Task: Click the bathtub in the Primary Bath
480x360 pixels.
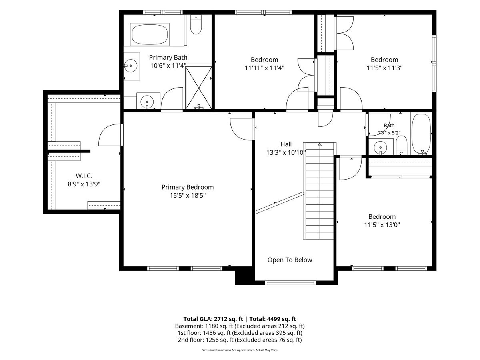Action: point(150,34)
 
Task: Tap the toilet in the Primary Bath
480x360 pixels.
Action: point(196,24)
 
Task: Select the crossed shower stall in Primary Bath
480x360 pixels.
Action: point(198,88)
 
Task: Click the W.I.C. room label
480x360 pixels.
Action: point(84,176)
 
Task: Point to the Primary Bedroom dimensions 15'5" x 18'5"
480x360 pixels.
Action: point(188,196)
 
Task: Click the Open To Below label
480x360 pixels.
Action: point(290,260)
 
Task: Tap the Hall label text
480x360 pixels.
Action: point(286,144)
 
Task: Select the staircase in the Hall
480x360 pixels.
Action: point(319,191)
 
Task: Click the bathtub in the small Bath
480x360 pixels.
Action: point(421,134)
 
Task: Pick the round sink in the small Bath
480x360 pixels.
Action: point(380,146)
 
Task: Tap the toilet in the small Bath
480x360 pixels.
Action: point(402,145)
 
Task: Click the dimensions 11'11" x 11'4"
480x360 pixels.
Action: point(264,68)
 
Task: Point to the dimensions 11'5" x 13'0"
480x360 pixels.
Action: point(382,225)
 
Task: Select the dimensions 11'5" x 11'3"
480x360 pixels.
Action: point(384,68)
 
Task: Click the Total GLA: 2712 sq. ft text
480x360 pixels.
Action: point(213,319)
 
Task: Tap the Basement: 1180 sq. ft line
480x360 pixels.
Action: point(240,326)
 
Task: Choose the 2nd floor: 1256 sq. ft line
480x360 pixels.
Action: point(240,340)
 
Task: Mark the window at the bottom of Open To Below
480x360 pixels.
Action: point(290,283)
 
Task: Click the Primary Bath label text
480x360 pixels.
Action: point(168,58)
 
